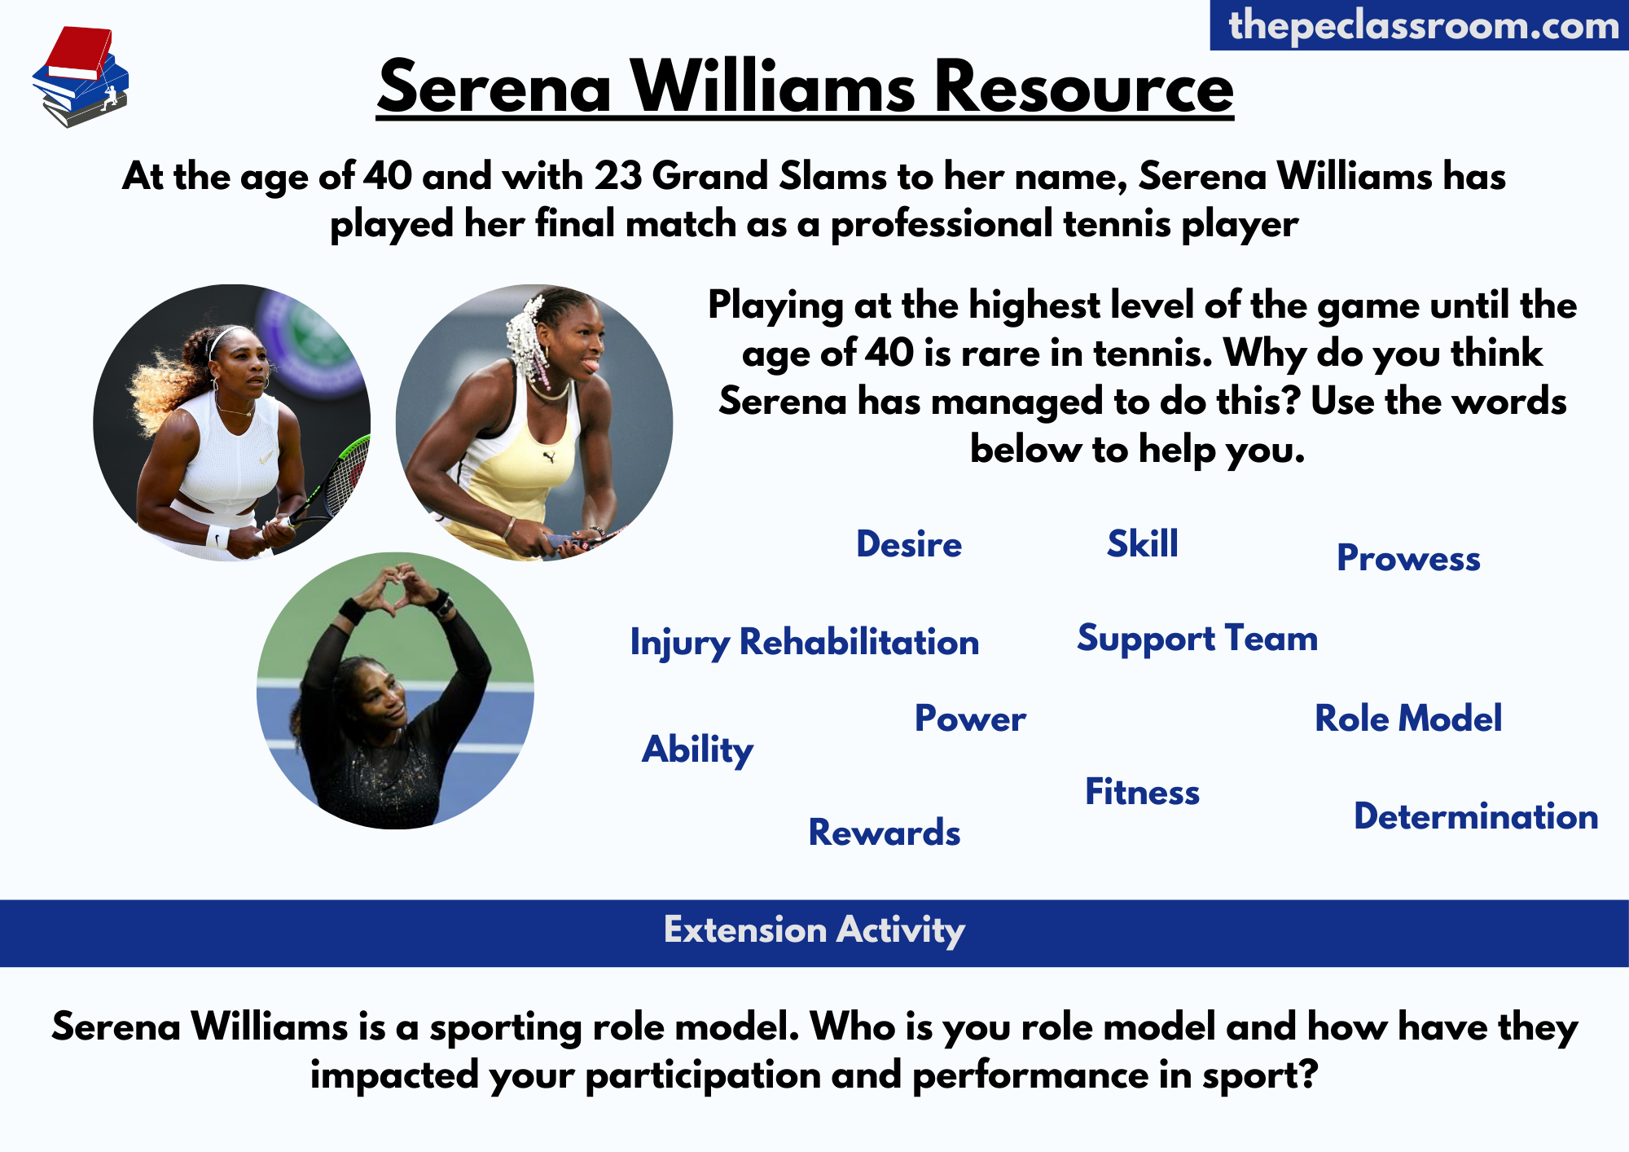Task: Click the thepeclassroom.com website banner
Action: (1420, 25)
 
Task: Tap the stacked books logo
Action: (81, 77)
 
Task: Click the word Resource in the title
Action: (1083, 87)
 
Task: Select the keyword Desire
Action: (909, 544)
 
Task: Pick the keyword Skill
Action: (1143, 543)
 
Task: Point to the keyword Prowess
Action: (1408, 558)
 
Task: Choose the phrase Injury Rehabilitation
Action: (805, 642)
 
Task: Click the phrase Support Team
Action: (1197, 639)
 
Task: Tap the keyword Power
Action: (970, 719)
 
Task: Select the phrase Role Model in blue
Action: (1408, 719)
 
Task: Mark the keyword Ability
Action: (698, 750)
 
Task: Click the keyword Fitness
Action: (1142, 792)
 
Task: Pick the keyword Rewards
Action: (885, 833)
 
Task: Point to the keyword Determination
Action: (1476, 816)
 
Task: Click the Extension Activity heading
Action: (814, 930)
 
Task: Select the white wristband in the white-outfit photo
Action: (218, 537)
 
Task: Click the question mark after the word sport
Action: (1308, 1074)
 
